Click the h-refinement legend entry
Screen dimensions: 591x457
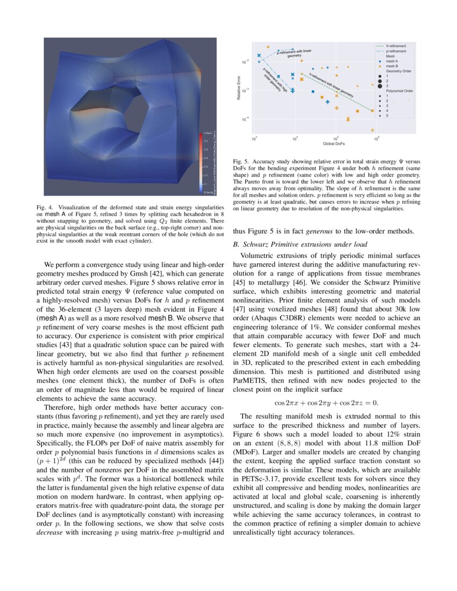[x=394, y=46]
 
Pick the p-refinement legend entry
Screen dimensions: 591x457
[x=394, y=51]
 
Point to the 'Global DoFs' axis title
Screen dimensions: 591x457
[x=334, y=144]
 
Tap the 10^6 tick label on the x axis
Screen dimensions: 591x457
[x=376, y=139]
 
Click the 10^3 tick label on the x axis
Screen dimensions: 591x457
[x=254, y=139]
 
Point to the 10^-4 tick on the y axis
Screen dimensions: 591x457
[x=245, y=119]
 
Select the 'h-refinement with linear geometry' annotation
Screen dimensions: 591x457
[x=331, y=85]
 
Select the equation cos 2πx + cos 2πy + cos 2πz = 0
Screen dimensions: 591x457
[x=326, y=402]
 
